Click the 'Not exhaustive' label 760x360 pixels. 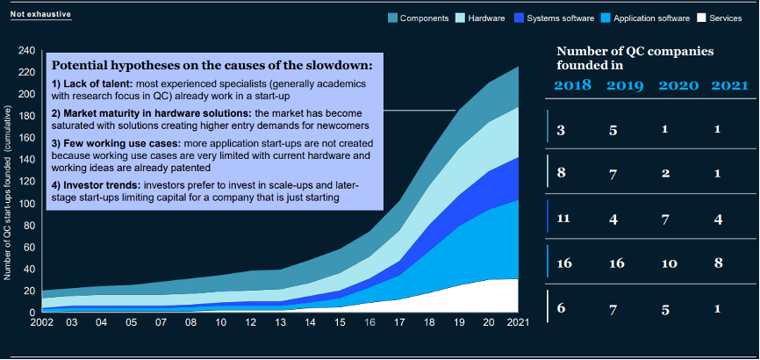tap(40, 15)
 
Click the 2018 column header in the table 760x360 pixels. tap(571, 86)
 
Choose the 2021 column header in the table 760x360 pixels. tap(729, 86)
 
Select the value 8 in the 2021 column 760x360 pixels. tap(719, 263)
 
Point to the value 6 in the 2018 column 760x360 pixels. tap(561, 308)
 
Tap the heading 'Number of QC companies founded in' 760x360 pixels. tap(635, 57)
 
